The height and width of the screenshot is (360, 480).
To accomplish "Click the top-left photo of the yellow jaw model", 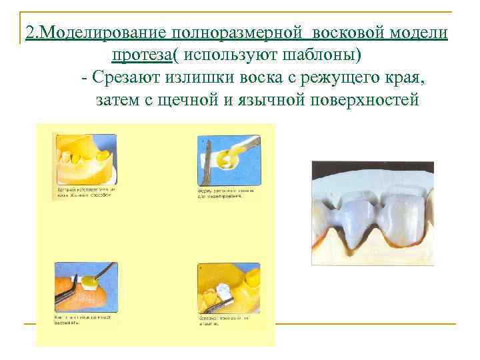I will (x=85, y=159).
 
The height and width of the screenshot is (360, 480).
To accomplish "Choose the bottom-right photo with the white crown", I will (x=226, y=289).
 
